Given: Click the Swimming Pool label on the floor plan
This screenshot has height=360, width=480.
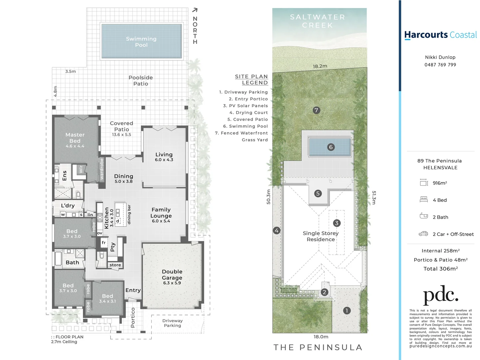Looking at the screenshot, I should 141,42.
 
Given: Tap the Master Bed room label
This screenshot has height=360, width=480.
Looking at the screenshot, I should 75,138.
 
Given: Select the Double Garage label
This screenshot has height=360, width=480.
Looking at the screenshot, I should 172,275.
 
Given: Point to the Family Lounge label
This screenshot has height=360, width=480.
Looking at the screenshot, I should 161,213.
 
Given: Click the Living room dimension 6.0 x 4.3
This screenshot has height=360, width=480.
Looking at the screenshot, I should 164,160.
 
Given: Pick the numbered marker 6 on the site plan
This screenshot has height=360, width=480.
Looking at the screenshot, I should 331,147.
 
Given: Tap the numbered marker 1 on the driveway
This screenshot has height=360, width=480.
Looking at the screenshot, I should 346,311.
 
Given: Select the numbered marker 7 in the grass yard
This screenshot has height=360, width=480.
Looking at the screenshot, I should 316,110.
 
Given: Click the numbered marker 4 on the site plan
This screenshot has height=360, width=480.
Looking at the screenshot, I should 276,230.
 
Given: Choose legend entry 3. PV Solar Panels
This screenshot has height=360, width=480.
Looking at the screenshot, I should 245,106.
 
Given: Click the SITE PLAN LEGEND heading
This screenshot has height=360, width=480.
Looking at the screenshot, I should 251,80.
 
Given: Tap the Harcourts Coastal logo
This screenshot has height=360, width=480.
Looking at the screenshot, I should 440,35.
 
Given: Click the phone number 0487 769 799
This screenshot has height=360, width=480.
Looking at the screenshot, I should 440,65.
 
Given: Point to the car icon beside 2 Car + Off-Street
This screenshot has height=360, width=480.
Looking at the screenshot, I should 423,234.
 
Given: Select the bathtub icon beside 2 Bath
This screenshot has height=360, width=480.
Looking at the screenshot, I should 424,216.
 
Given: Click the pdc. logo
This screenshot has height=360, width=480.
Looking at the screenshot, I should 440,295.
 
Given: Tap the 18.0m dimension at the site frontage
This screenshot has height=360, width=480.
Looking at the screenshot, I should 321,337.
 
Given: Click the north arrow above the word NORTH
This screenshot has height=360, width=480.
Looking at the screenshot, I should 195,10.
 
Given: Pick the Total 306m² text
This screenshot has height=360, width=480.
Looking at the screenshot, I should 440,269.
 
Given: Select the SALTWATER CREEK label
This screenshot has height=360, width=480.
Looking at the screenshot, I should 317,21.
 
